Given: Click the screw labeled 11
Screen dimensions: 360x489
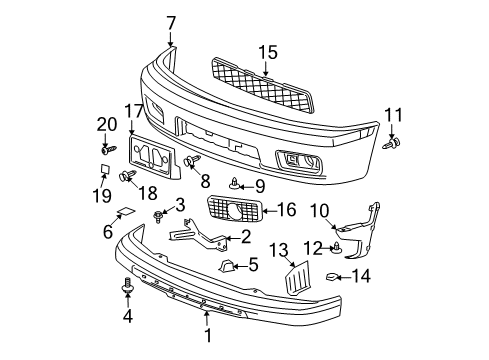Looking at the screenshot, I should click(392, 144).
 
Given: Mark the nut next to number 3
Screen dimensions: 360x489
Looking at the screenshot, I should click(159, 214).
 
